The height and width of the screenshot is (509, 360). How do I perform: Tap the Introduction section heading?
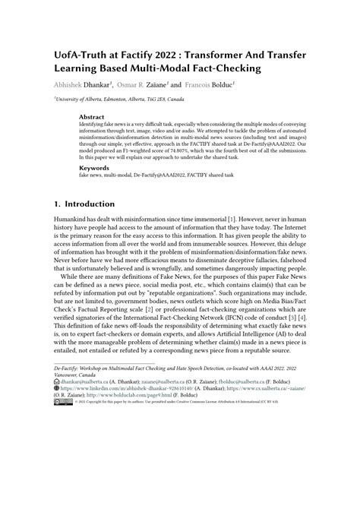pos(92,204)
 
